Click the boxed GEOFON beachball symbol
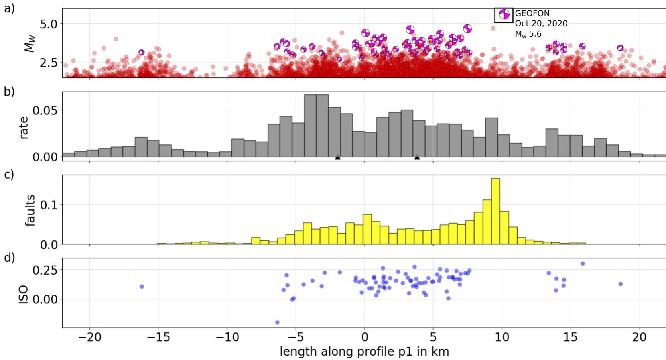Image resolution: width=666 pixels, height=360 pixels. [x=504, y=15]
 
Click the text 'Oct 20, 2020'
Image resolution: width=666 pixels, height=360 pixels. [x=541, y=24]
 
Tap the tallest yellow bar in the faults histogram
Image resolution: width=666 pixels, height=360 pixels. [x=495, y=211]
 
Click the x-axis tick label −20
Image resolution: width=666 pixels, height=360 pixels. [x=89, y=337]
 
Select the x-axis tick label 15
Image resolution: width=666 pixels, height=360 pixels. [x=571, y=337]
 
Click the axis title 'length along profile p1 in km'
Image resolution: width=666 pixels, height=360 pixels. [x=364, y=352]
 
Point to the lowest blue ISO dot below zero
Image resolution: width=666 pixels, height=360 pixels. [x=277, y=322]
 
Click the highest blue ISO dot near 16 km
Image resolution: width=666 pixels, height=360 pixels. [x=583, y=264]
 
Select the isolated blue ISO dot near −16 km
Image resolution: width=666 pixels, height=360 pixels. [x=142, y=287]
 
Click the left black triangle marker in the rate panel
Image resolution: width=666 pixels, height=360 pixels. [x=338, y=157]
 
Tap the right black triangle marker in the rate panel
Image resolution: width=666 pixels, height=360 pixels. [x=417, y=157]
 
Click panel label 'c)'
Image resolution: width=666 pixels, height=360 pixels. [x=9, y=175]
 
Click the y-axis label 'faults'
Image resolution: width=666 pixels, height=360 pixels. [x=30, y=210]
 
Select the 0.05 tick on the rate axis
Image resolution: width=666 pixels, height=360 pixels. [x=45, y=110]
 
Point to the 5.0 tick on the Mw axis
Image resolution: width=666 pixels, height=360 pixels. [x=49, y=24]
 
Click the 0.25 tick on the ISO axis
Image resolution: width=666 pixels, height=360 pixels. [x=45, y=270]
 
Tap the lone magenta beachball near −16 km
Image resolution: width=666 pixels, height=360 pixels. [x=141, y=52]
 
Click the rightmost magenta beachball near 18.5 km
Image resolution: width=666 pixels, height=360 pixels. [x=620, y=48]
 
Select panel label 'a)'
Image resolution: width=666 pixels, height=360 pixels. [x=9, y=8]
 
